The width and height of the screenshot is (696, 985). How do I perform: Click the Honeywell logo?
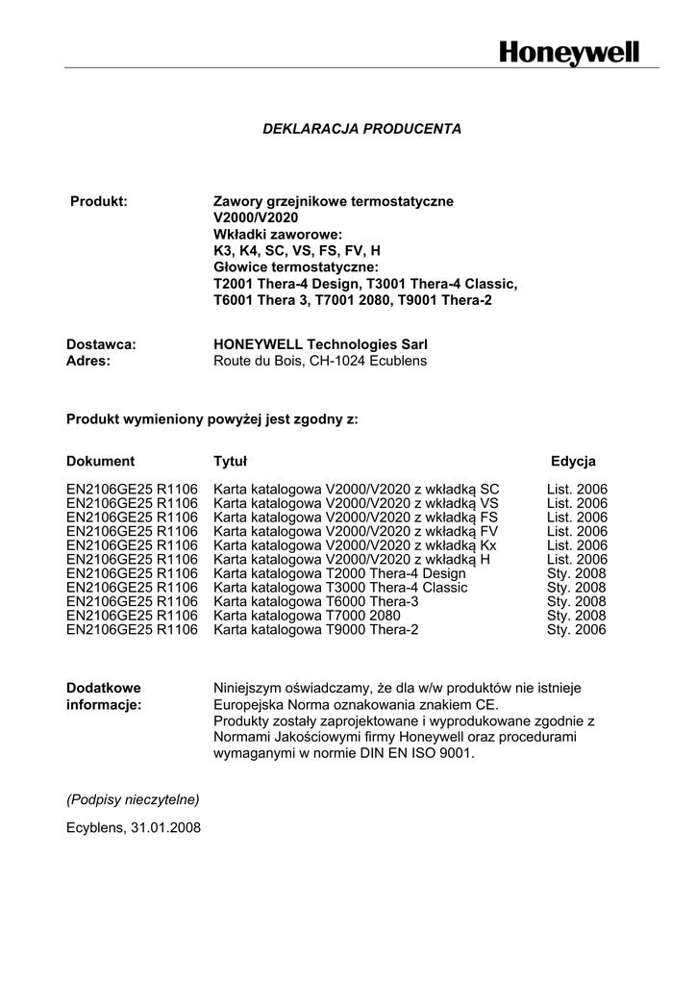coord(568,52)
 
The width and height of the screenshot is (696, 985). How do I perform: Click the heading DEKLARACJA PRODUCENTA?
coord(362,128)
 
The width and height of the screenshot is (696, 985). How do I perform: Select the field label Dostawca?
coord(101,344)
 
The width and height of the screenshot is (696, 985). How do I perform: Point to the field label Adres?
coord(88,361)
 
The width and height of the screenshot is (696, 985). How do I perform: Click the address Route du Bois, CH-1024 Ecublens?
coord(319,361)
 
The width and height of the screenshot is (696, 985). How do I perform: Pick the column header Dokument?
coord(101,461)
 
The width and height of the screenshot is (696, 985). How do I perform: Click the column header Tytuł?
coord(230,461)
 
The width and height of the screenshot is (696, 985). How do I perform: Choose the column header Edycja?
coord(573,461)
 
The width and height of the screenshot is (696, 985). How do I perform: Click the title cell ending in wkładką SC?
coord(356,489)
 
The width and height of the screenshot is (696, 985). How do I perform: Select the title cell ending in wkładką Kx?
coord(355,545)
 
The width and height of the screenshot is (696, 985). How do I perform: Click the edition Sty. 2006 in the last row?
coord(577,630)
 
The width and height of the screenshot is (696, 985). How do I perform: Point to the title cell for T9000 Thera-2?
coord(316,630)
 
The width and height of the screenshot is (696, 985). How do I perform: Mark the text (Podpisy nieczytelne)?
coord(133,798)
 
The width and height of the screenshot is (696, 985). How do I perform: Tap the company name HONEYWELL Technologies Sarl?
coord(320,344)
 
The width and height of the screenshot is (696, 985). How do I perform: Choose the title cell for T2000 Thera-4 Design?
coord(339,573)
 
